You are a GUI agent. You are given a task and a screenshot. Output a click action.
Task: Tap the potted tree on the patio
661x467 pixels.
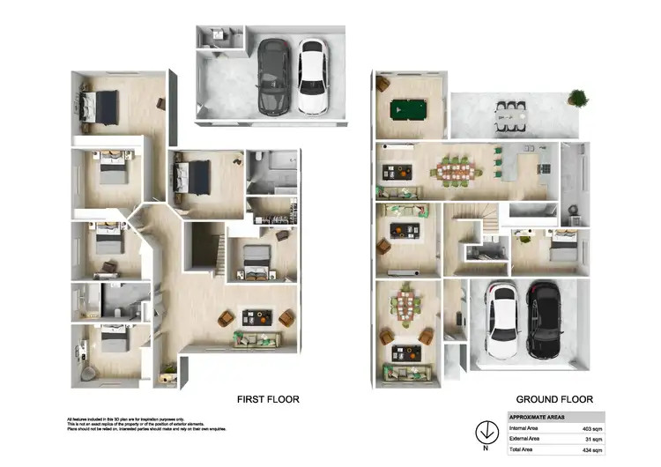coord(577,97)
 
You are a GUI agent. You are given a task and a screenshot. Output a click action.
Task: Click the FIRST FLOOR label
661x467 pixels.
coord(268,399)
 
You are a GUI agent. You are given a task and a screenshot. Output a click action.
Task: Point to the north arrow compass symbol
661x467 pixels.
coord(484,433)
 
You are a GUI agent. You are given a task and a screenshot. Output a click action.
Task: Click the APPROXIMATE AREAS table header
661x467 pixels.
coord(538,417)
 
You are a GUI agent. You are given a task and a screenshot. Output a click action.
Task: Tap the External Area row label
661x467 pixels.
coord(527,439)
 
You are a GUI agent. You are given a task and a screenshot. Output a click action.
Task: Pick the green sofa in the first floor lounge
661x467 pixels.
coord(257,339)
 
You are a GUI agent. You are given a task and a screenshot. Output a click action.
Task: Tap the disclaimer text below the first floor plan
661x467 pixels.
coord(145,423)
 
